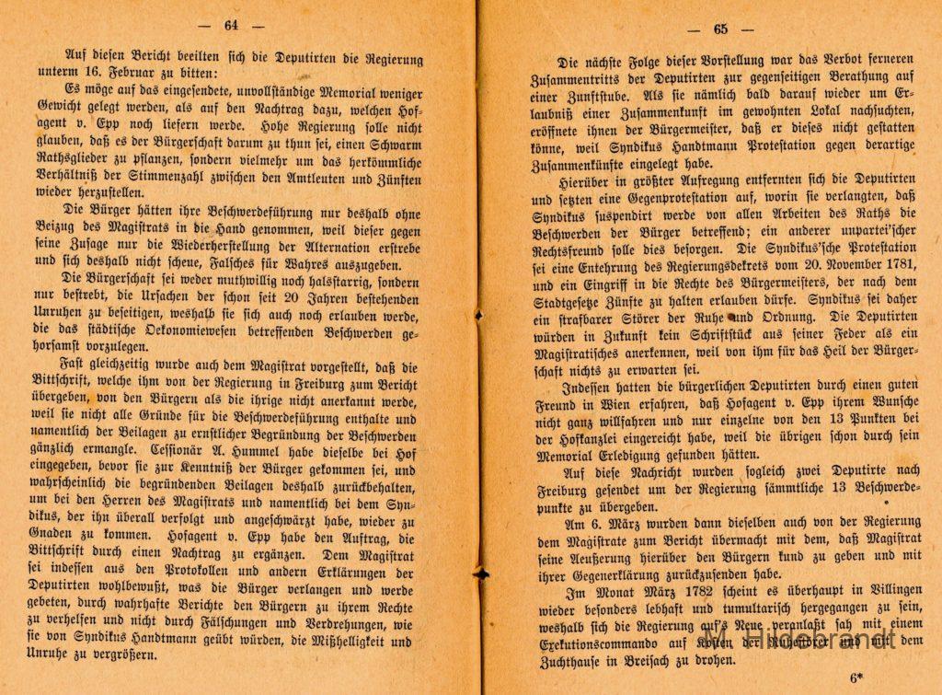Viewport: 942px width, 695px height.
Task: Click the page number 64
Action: coord(231,26)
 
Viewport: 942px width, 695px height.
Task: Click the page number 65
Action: coord(720,29)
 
